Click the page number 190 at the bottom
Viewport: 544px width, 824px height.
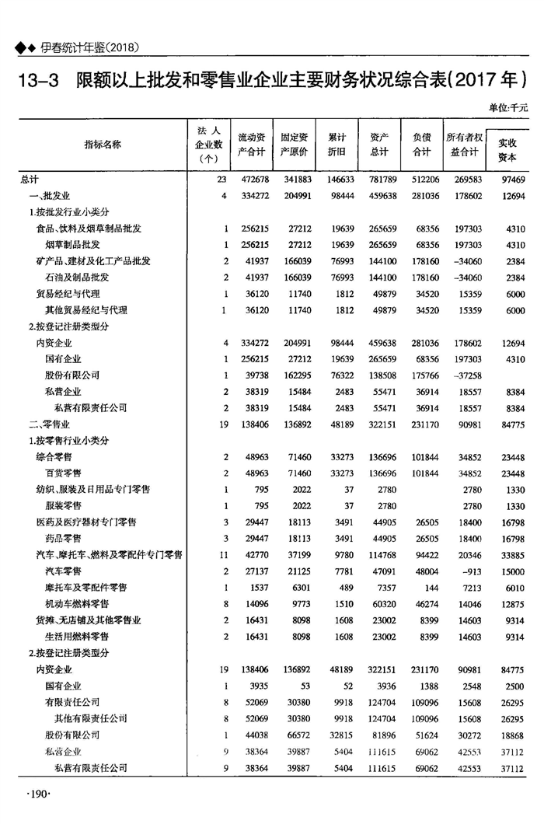38,794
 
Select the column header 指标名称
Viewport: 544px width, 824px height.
103,144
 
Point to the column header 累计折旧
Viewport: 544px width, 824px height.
337,144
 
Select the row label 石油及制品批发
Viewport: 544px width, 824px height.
77,278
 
